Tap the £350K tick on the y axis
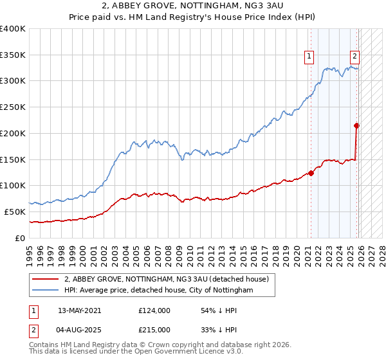13,55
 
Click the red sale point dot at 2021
311,172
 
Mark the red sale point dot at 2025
357,125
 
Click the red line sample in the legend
46,279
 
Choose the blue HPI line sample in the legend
46,291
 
